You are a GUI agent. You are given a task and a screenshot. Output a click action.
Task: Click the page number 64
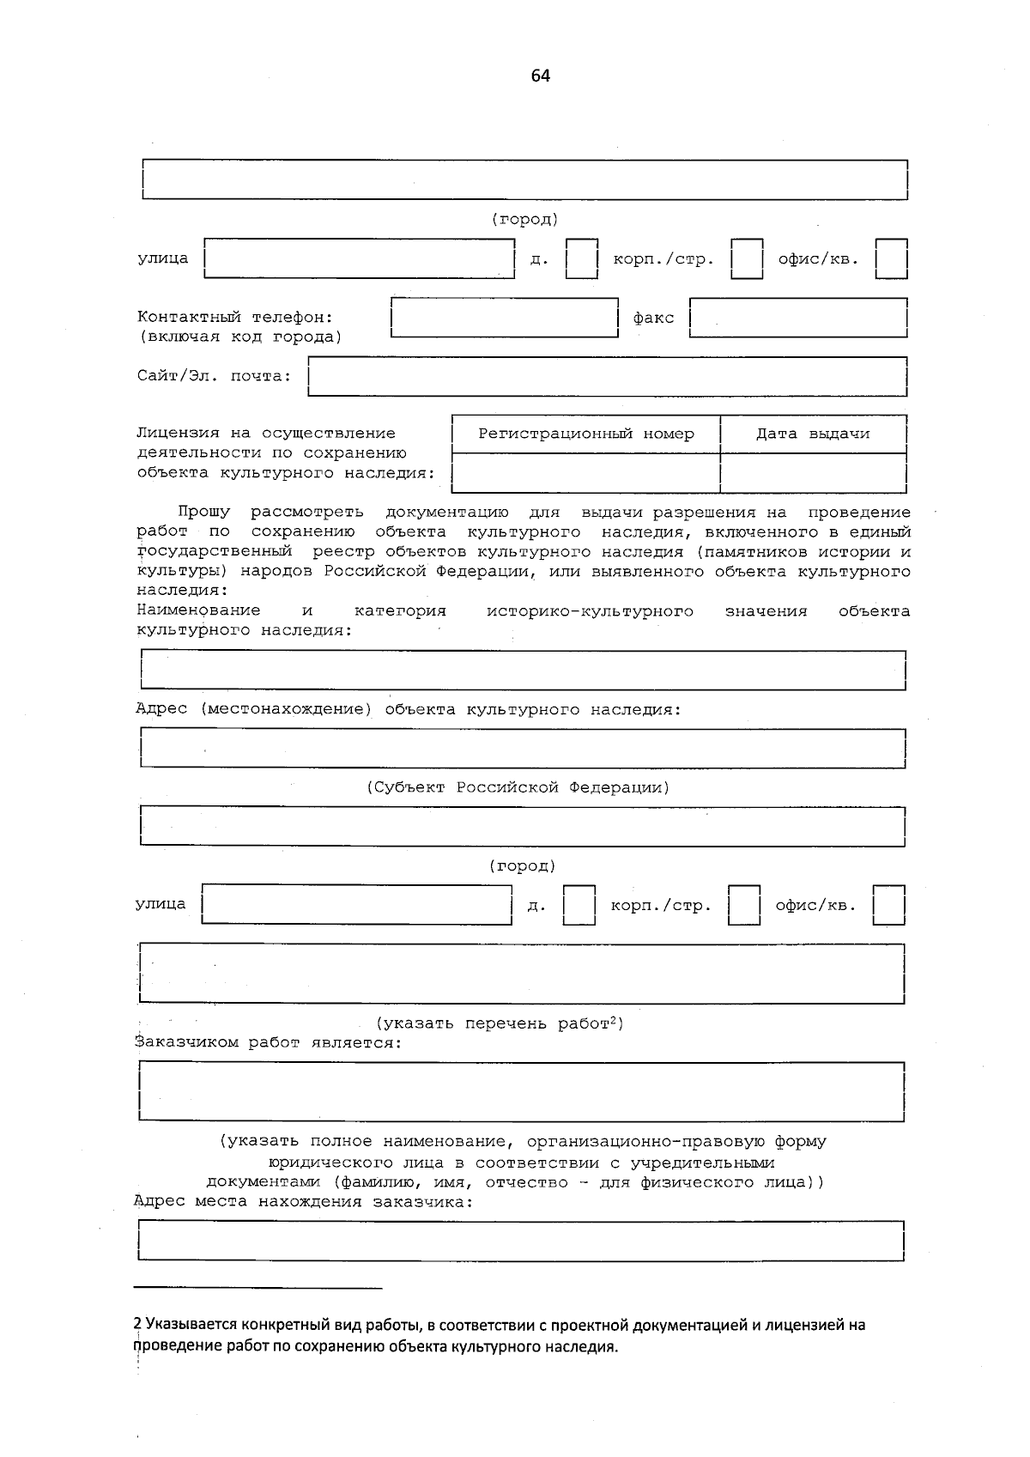(x=540, y=76)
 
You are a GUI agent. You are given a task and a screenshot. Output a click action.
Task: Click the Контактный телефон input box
(x=504, y=318)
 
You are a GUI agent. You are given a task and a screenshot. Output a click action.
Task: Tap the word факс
(x=653, y=318)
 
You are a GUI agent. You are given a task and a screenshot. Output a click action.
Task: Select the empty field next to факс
(x=798, y=318)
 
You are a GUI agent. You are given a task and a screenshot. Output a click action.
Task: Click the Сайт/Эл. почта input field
(x=607, y=376)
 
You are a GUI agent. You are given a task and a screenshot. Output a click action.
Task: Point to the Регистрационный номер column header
(x=585, y=434)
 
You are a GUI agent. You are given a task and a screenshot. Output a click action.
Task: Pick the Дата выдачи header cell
(x=812, y=434)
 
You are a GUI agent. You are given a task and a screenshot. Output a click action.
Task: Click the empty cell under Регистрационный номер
(x=585, y=473)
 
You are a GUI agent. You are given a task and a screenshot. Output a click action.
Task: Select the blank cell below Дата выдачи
(x=812, y=473)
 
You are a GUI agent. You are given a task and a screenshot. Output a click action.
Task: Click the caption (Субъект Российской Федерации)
(x=518, y=787)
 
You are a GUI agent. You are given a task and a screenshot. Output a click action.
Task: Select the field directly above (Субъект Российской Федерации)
(x=522, y=748)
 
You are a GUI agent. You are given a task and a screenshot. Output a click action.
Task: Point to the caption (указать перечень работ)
(x=500, y=1023)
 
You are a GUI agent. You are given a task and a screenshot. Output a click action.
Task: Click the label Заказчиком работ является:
(x=268, y=1043)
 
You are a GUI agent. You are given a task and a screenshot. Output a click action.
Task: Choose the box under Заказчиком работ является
(x=521, y=1091)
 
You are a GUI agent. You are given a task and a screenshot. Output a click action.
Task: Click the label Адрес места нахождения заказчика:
(x=304, y=1201)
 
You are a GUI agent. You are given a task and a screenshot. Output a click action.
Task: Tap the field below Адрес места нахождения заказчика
(x=521, y=1241)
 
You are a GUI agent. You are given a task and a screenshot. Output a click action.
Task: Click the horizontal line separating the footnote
(x=258, y=1288)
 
